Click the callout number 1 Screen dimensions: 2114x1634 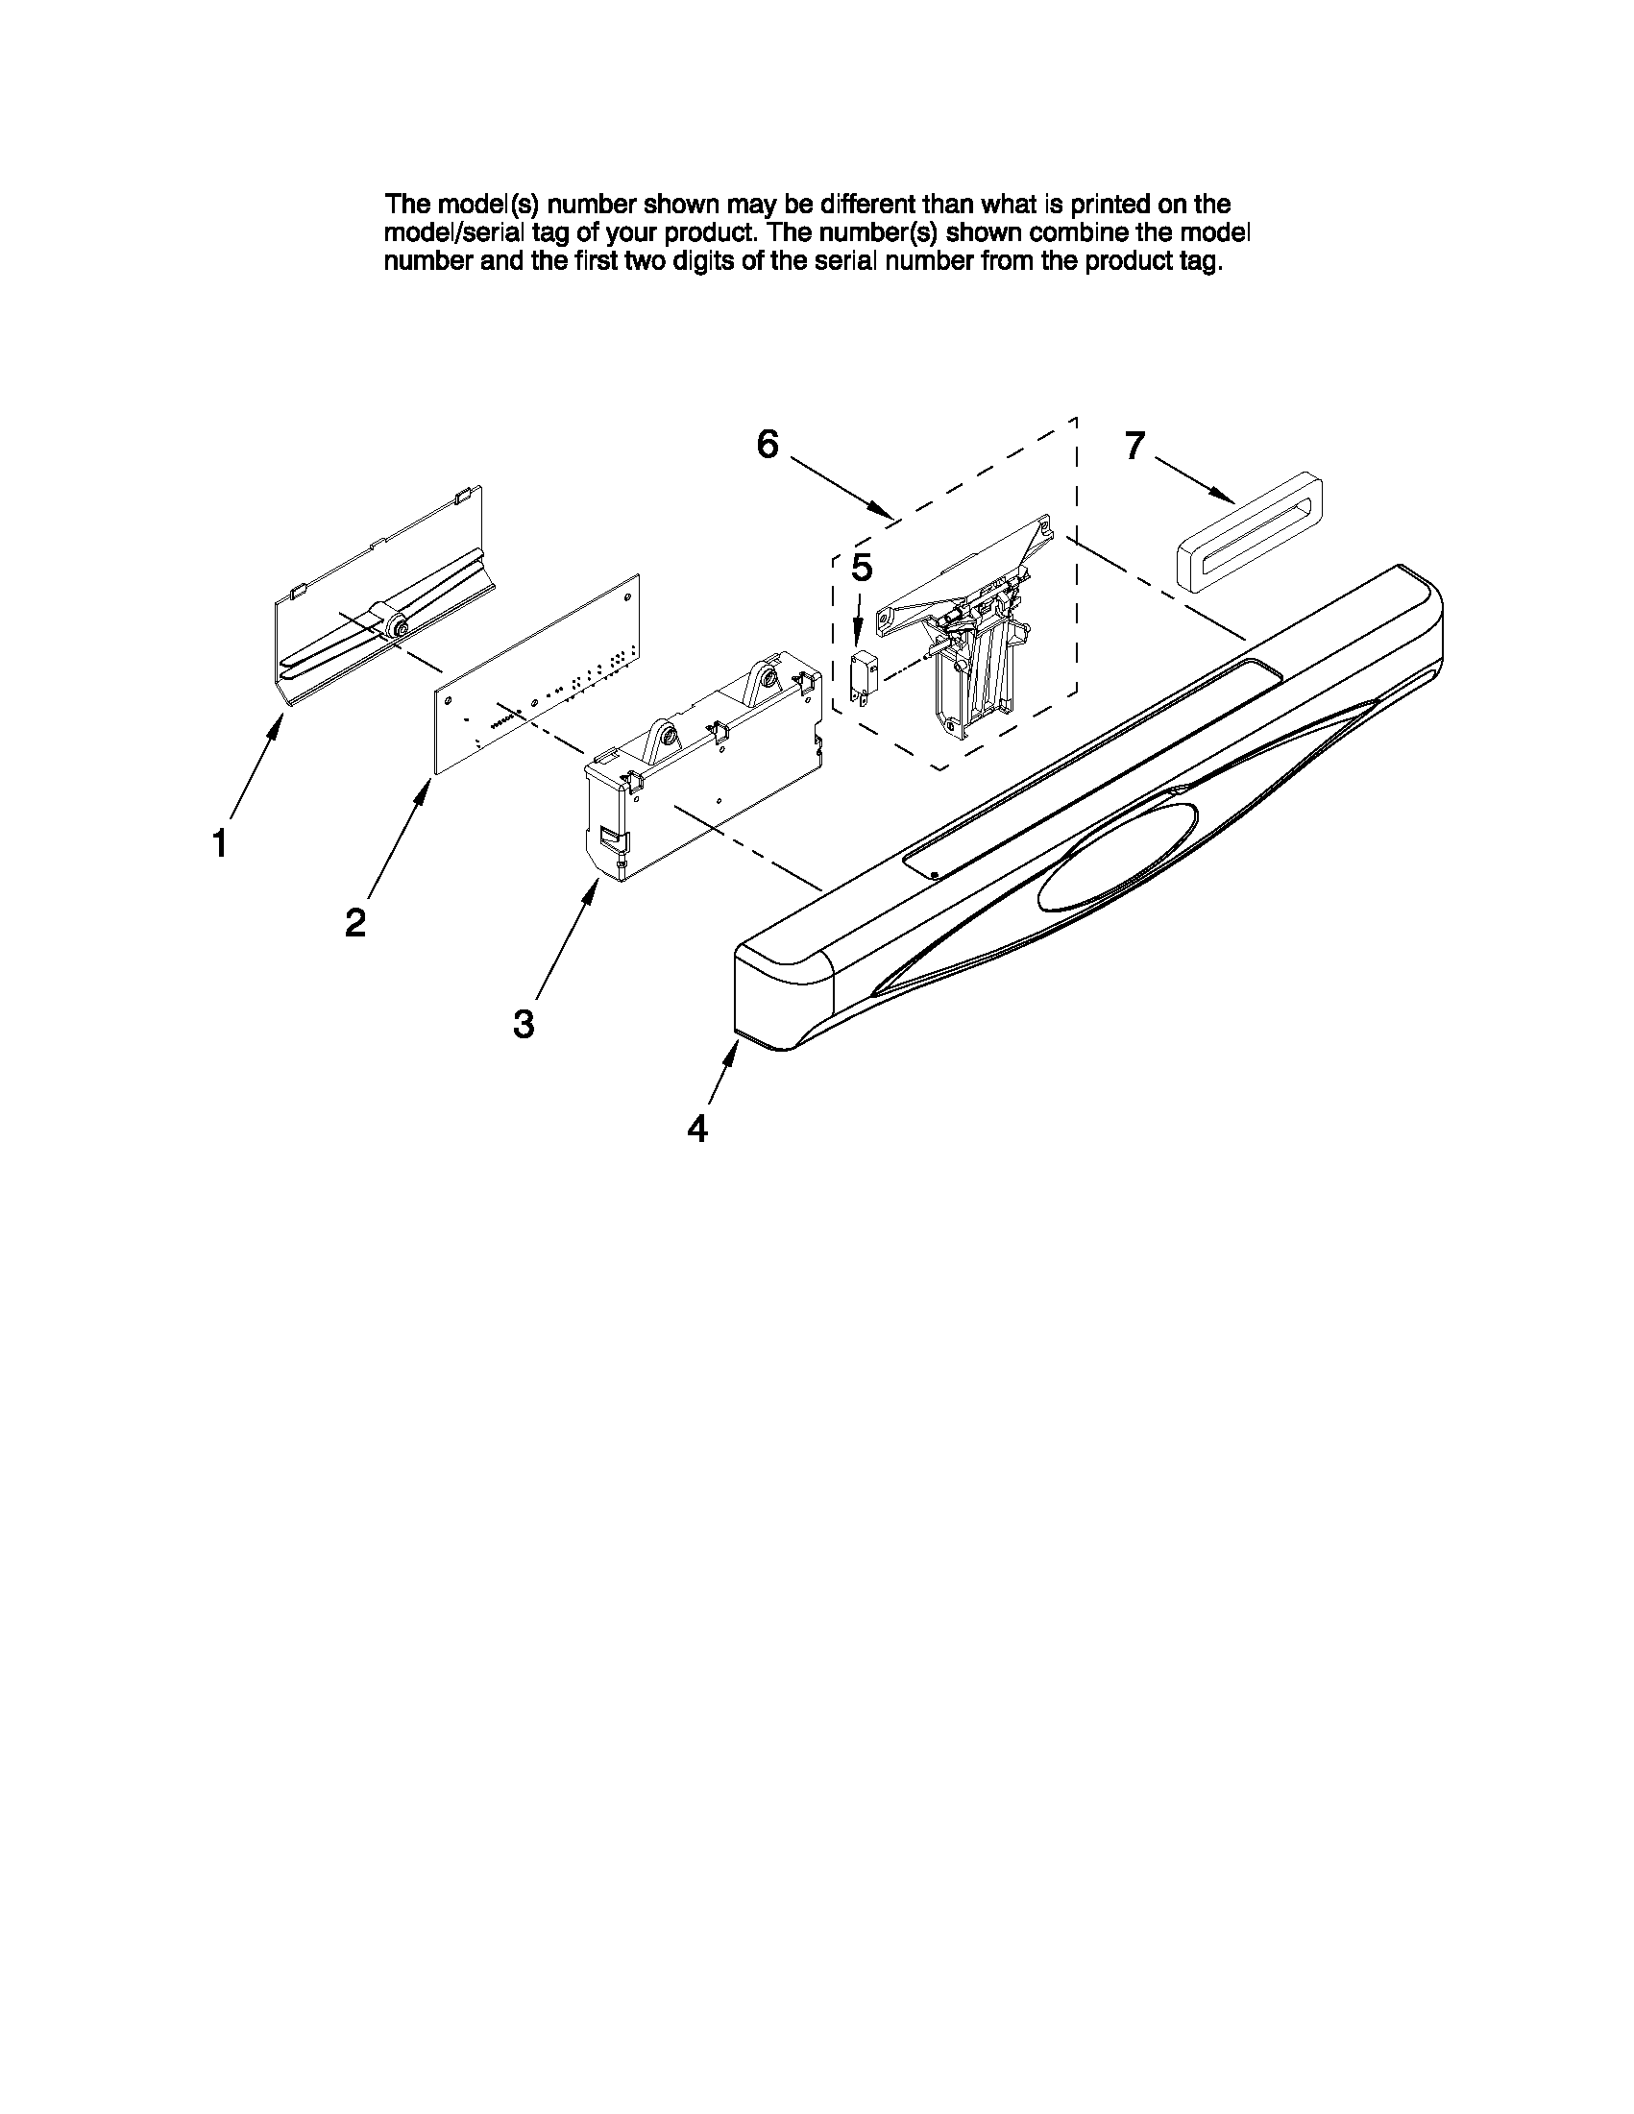pos(220,844)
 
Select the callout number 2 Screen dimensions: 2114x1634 pos(355,922)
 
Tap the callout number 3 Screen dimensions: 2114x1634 pos(524,1023)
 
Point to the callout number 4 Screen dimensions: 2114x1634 pos(697,1129)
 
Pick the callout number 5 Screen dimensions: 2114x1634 pos(861,569)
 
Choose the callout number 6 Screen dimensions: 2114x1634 pos(767,445)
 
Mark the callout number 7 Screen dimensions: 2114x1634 pos(1134,446)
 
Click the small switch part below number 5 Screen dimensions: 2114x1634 pos(862,673)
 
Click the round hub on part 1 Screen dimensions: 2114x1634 pos(395,628)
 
